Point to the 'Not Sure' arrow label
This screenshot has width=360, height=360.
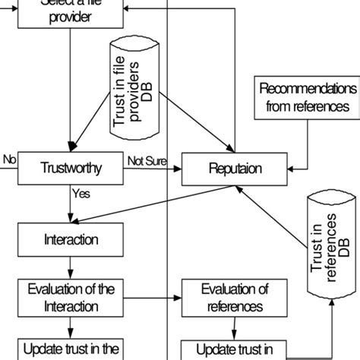pyautogui.click(x=145, y=160)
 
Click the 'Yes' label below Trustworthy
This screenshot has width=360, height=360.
pyautogui.click(x=81, y=193)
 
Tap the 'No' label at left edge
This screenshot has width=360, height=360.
pyautogui.click(x=9, y=159)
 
